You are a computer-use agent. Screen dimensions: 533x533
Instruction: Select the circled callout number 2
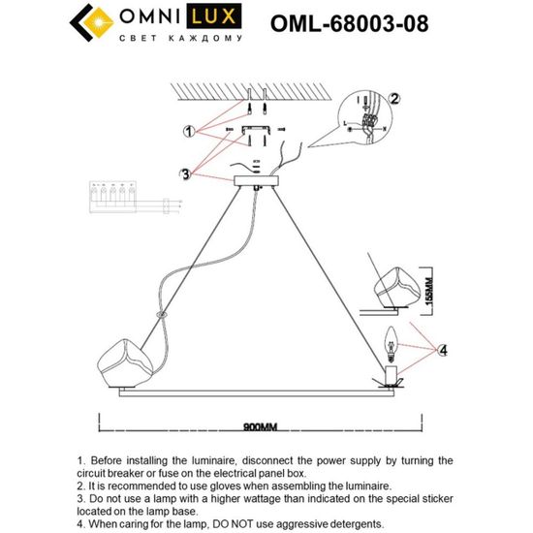(x=394, y=99)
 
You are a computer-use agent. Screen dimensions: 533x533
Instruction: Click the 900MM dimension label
(x=262, y=424)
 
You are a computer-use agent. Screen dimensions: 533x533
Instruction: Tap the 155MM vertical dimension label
(x=433, y=288)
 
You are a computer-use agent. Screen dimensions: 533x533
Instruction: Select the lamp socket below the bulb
(x=392, y=374)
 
